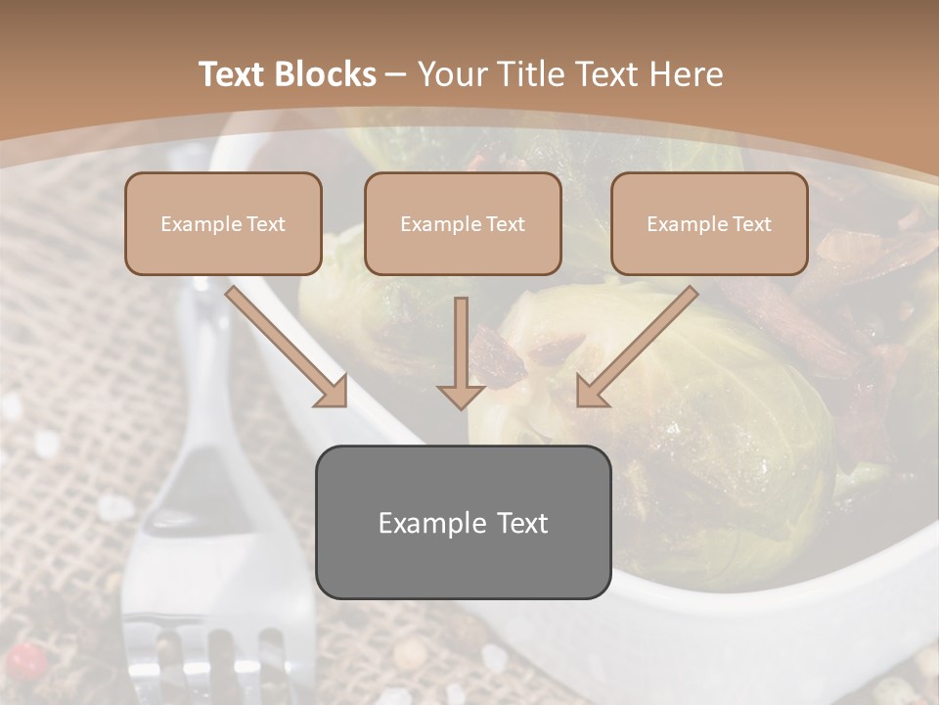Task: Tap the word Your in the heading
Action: (x=451, y=74)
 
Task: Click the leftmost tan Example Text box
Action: (x=223, y=224)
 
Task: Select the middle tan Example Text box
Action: (x=463, y=224)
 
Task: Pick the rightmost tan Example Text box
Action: (x=709, y=224)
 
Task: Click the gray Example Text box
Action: (x=463, y=522)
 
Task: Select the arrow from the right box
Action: (x=636, y=347)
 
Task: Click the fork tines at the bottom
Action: (x=210, y=656)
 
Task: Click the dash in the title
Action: (x=396, y=74)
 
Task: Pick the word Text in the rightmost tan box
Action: (x=751, y=224)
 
